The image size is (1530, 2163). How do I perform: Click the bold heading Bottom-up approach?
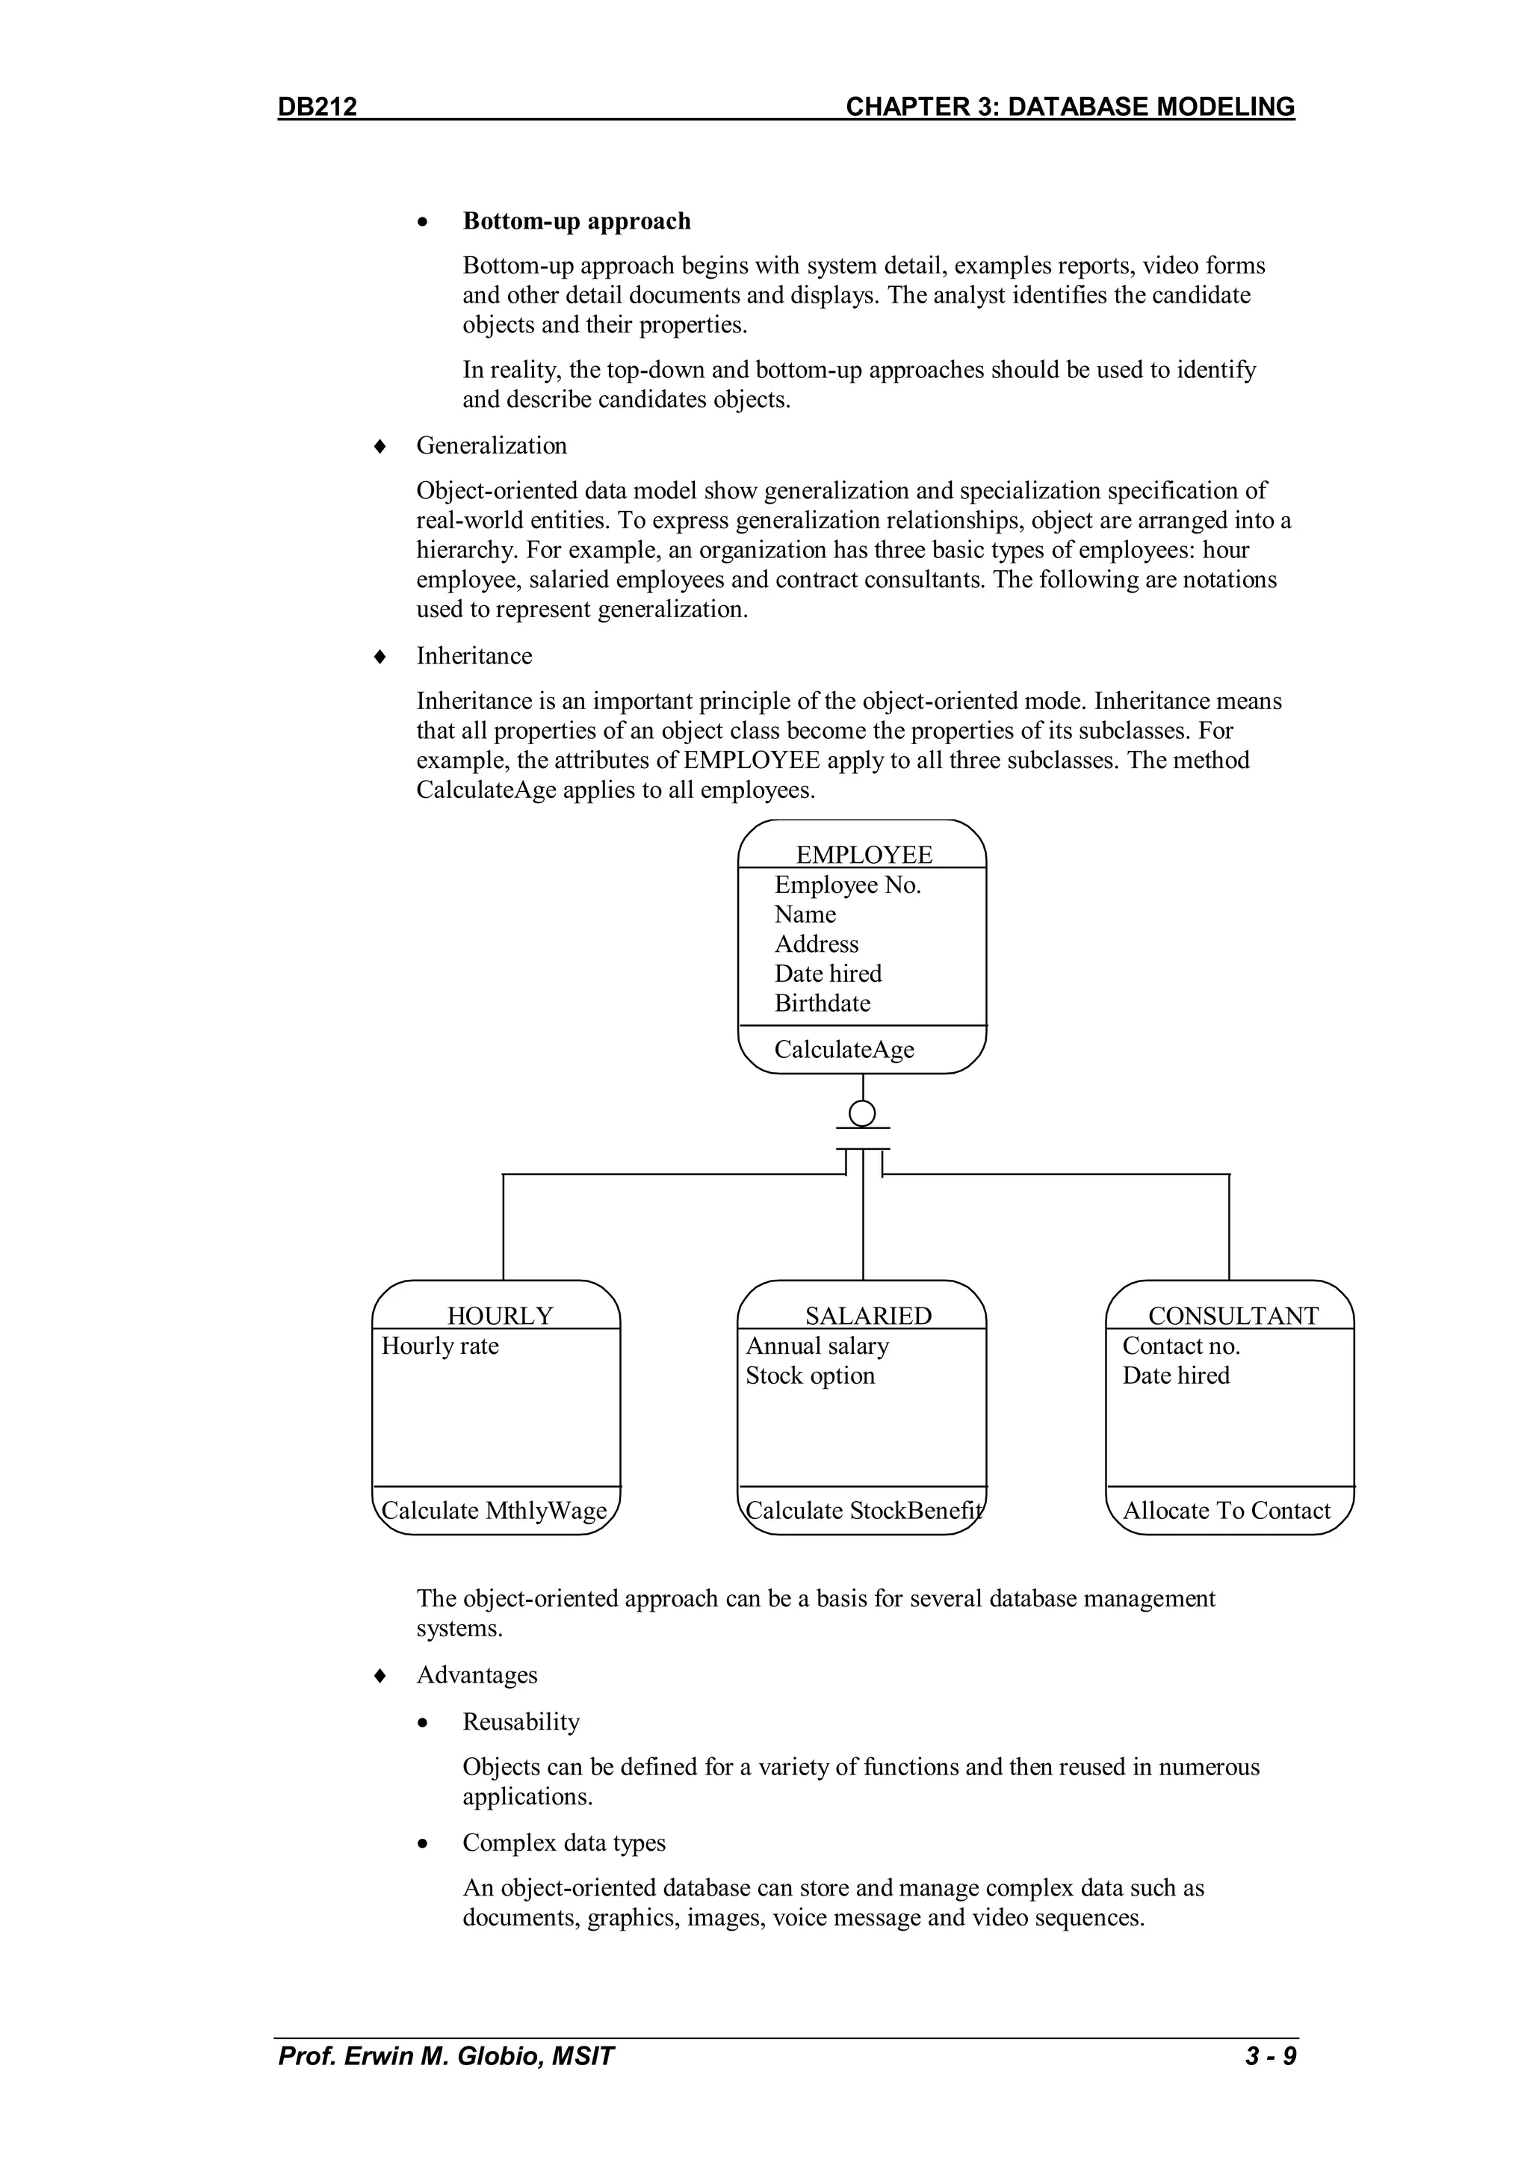(577, 221)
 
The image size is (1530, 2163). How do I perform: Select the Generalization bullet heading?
(492, 445)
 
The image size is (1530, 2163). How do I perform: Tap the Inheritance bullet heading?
(474, 656)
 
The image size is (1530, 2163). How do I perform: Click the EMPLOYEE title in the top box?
(864, 855)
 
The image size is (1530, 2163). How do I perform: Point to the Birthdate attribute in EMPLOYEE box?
(822, 1003)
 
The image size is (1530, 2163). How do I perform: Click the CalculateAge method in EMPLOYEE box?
(844, 1050)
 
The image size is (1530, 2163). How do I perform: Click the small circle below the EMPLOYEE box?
(862, 1113)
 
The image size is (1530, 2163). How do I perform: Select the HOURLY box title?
(499, 1315)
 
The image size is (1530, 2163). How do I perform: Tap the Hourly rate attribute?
(440, 1346)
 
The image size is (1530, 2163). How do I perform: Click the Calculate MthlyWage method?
(494, 1511)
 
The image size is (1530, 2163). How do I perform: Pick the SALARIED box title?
(867, 1315)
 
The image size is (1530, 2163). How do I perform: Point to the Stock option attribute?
(811, 1376)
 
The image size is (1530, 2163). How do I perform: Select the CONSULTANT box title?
(1233, 1315)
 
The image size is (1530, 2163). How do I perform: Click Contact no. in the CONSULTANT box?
(1180, 1346)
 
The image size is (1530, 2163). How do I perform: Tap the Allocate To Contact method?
(1226, 1511)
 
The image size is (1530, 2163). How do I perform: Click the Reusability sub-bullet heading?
(521, 1722)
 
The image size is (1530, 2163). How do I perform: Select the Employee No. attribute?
(847, 885)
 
